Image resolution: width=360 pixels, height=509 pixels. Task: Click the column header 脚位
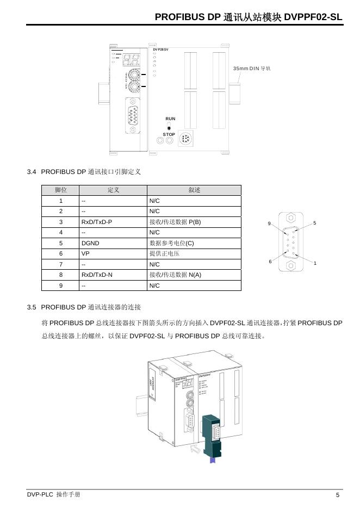61,190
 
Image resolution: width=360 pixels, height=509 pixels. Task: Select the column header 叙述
194,190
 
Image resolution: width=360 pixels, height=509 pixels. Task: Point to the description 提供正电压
164,253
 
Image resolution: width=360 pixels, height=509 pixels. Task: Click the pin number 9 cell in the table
61,285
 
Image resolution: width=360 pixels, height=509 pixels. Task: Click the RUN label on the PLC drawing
170,119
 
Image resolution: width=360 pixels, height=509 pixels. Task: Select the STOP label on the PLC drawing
169,134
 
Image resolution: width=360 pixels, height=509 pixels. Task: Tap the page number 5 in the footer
338,495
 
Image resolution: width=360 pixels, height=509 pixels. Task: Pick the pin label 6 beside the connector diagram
270,262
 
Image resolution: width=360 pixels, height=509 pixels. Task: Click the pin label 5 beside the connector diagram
315,224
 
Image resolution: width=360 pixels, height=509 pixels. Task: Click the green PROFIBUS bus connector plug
212,436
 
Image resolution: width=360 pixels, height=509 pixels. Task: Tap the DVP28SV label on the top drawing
160,49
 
